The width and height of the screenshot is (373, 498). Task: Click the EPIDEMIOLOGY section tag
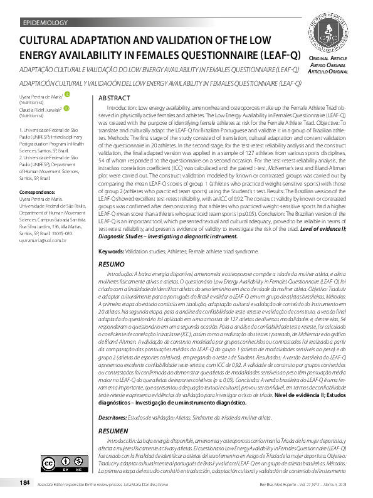pos(45,23)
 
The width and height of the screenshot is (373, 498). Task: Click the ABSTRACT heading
pos(115,99)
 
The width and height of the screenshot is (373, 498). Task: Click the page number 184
pos(25,483)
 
